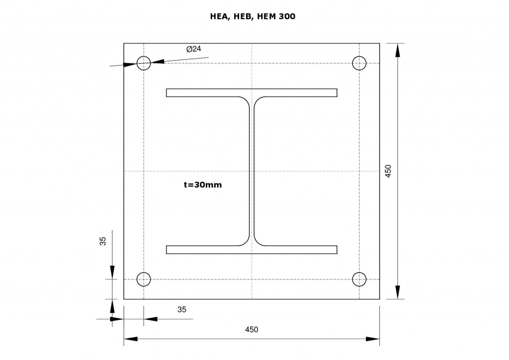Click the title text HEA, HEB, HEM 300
coord(253,16)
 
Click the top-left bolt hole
coord(144,63)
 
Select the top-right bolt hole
coord(359,63)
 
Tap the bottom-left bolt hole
coord(144,279)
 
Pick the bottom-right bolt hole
coord(359,279)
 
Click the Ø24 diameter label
coord(193,49)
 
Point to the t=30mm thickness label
coord(203,184)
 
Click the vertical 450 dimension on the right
coord(389,171)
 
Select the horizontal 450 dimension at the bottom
coord(252,330)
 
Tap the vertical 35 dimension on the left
coord(103,241)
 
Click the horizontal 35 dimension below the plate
coord(182,309)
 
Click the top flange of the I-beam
coord(252,92)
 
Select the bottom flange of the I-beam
coord(252,250)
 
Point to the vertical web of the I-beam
coord(252,171)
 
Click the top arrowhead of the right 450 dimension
coord(397,50)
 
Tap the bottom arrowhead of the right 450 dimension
coord(397,292)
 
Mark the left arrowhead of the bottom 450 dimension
coord(131,339)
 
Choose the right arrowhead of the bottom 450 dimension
coord(373,339)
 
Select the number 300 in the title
coord(287,16)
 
